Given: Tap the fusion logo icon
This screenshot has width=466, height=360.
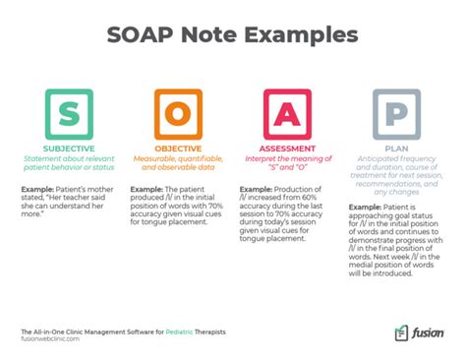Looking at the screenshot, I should tap(401, 334).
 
